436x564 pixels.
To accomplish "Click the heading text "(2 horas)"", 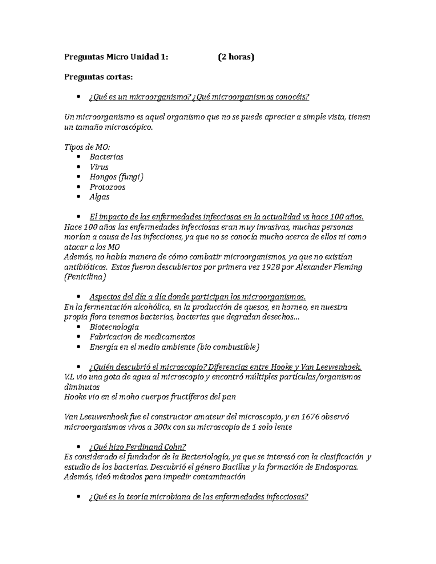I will click(236, 57).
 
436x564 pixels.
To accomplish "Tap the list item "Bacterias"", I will click(106, 157).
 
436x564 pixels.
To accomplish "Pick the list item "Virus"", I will click(99, 167).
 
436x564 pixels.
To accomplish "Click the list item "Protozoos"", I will click(107, 187).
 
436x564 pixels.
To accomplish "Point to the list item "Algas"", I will click(99, 197).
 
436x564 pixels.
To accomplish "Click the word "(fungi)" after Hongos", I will click(131, 177).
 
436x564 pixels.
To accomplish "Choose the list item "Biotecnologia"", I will click(114, 327).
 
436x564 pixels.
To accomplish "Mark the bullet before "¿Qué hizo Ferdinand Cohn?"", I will click(78, 447).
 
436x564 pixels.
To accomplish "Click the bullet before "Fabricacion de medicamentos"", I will click(78, 337).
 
